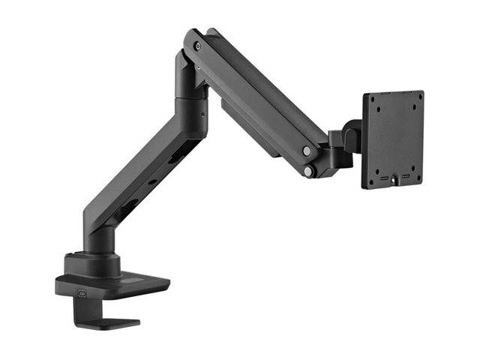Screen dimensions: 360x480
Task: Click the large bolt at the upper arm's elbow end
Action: [x=197, y=46]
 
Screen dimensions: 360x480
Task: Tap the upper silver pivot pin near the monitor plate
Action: [x=306, y=151]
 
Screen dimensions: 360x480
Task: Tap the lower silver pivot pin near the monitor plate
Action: [x=308, y=172]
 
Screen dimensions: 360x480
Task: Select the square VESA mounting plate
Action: [x=392, y=139]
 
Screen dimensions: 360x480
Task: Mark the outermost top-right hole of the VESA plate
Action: [x=417, y=98]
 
